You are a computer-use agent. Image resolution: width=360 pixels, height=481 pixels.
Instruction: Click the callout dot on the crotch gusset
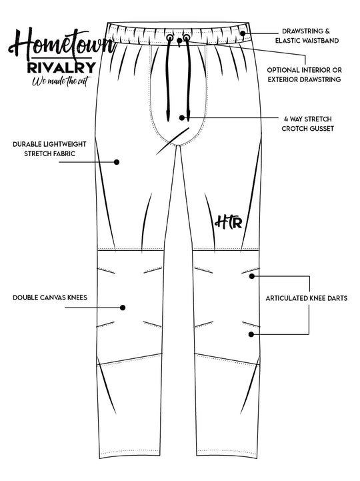coord(183,117)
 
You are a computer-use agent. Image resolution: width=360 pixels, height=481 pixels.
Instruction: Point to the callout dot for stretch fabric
coord(116,161)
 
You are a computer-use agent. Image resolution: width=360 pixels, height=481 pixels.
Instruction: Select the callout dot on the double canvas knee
coord(123,308)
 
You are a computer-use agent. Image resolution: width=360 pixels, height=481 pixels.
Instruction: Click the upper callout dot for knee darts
coord(252,275)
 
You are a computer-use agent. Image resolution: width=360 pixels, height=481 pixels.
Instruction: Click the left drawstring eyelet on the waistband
coord(169,39)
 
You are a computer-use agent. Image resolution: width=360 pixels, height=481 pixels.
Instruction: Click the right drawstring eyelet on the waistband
coord(182,39)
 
